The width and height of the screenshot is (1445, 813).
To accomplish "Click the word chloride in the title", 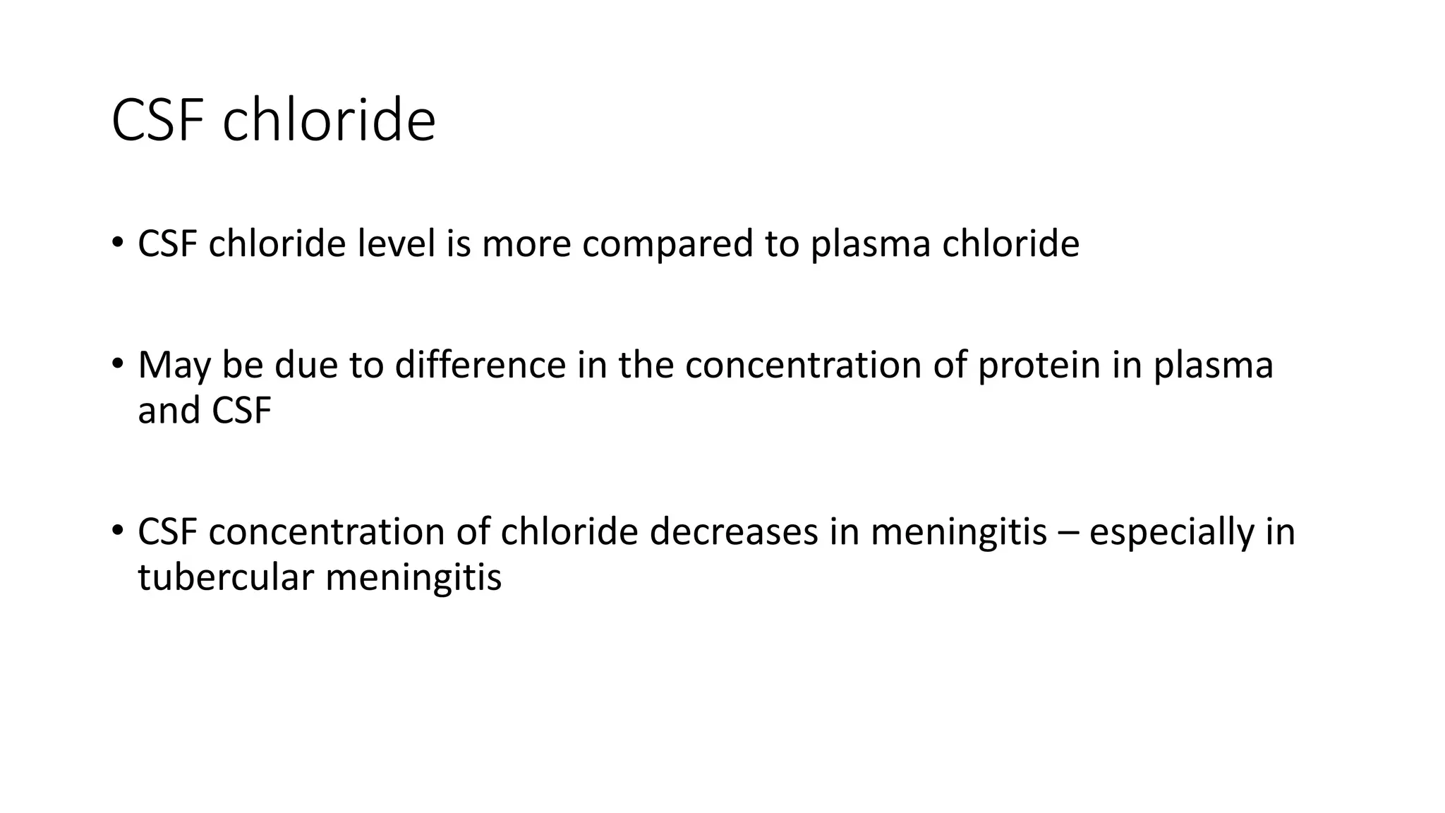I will click(x=329, y=120).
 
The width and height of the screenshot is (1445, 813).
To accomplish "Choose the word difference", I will click(x=480, y=365).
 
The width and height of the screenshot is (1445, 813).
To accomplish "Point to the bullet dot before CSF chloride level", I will click(x=117, y=243).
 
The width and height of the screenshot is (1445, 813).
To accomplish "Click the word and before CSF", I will click(x=169, y=411).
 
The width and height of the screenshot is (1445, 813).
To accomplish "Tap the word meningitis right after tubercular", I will click(x=413, y=577).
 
